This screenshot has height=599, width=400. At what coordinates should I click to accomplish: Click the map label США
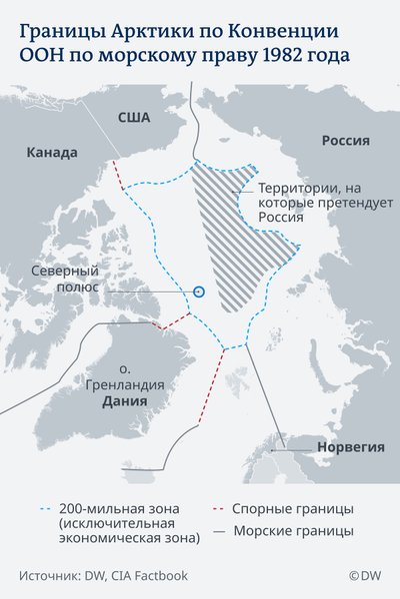(133, 118)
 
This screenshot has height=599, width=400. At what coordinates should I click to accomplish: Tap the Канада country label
(52, 153)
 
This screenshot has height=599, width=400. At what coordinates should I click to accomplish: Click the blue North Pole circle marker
(198, 291)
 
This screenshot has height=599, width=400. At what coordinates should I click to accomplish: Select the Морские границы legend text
(294, 531)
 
